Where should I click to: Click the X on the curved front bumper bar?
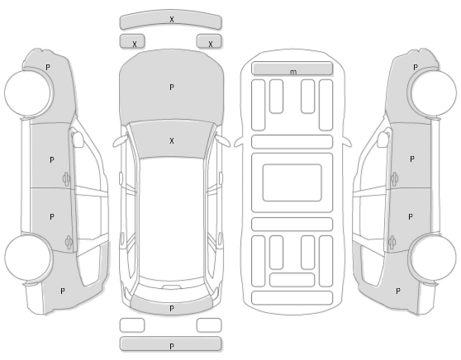coord(172,19)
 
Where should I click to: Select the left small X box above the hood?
coord(132,40)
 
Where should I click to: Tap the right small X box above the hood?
coord(209,40)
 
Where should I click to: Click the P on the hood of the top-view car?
coord(172,88)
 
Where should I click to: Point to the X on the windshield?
coord(172,140)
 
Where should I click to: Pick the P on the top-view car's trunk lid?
coord(172,308)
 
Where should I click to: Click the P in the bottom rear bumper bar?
coord(172,347)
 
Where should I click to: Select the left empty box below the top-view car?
coord(132,325)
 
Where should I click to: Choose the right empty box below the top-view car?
coord(209,325)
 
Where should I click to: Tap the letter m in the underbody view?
coord(293,72)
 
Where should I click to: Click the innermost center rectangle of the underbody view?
coord(292,182)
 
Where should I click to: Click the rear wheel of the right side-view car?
coord(433,258)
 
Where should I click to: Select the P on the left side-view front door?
coord(52,160)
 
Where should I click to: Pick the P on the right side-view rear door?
coord(411,217)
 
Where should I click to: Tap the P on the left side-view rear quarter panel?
coord(62,291)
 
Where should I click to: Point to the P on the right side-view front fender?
coord(416,68)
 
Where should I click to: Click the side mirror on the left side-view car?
coord(78,139)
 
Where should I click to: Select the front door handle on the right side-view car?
coord(394,178)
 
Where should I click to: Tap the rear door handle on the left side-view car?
coord(69,243)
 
